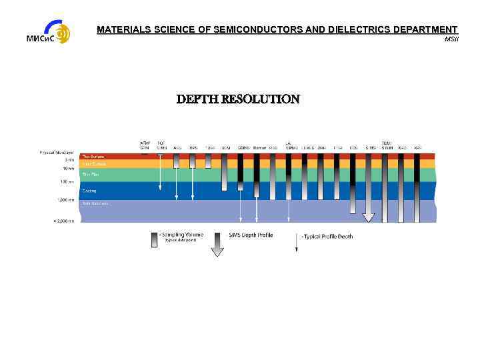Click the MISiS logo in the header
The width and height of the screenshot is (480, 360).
tap(48, 32)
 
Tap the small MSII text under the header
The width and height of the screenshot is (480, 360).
tap(451, 39)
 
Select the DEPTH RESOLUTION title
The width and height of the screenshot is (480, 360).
tap(238, 99)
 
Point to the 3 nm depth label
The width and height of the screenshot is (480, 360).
tap(69, 160)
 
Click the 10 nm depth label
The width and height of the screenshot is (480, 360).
tap(69, 169)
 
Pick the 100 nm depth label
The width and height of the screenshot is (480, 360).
tap(67, 182)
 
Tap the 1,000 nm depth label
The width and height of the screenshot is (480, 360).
tap(66, 199)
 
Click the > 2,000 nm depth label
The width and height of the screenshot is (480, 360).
tap(65, 220)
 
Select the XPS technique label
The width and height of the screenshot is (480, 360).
tap(193, 147)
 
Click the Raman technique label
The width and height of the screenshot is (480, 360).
tap(259, 147)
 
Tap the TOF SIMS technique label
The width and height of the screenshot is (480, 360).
tap(161, 145)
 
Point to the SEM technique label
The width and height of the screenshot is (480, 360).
tap(226, 147)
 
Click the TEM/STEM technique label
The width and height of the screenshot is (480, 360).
tap(387, 145)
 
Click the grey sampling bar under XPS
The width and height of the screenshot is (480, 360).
tap(193, 161)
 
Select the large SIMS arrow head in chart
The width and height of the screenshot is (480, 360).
tap(368, 217)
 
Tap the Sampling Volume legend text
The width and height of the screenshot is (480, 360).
tap(180, 235)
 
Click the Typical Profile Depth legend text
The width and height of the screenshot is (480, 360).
tap(327, 236)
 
